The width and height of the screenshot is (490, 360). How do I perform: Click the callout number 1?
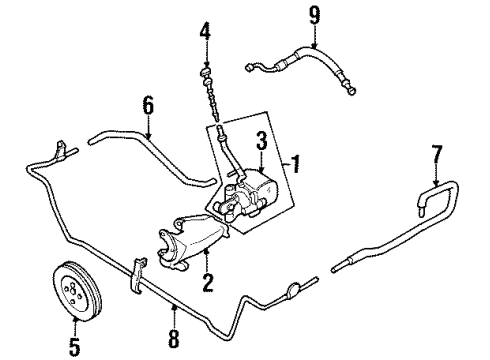click(x=295, y=164)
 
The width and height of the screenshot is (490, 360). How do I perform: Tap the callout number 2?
click(x=207, y=283)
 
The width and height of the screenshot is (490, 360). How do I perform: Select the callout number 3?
click(x=262, y=140)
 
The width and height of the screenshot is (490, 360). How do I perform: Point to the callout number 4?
click(x=205, y=31)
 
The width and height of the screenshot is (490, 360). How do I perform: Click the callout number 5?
click(x=75, y=346)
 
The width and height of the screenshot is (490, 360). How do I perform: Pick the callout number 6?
click(x=148, y=105)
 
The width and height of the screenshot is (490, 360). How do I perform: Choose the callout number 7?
click(x=437, y=154)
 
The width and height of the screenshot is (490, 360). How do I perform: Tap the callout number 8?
click(x=174, y=339)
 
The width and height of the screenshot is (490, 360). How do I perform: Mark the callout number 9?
click(x=314, y=16)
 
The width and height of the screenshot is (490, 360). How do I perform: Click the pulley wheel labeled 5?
click(x=77, y=291)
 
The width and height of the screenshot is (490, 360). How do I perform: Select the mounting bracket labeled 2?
click(x=193, y=242)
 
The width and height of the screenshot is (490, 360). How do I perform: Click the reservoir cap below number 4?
click(x=206, y=71)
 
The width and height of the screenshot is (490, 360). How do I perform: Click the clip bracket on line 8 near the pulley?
click(x=137, y=275)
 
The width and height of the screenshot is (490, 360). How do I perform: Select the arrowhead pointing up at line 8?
click(x=174, y=307)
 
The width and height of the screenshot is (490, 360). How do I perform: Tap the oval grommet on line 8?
click(x=293, y=289)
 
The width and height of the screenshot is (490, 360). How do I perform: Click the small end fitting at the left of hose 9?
click(x=249, y=67)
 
